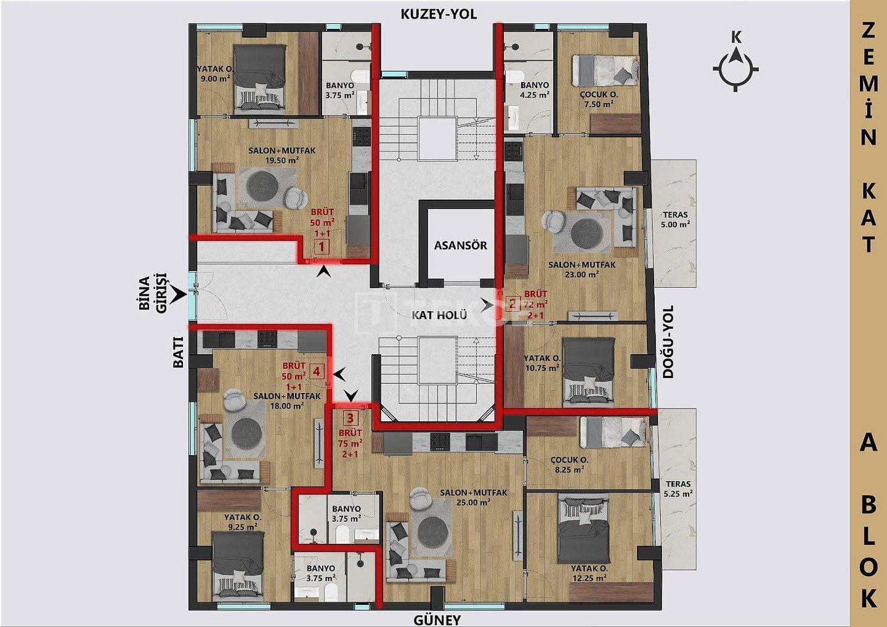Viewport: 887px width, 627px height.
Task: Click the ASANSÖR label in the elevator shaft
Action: point(461,245)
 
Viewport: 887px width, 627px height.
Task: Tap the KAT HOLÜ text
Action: point(439,315)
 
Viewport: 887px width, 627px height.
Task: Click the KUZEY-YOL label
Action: point(439,14)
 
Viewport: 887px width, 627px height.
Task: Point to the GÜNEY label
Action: point(437,620)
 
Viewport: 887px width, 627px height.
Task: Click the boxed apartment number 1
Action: point(322,248)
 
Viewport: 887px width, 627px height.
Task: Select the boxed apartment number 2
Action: point(512,304)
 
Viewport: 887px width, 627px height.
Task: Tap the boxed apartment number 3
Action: point(350,418)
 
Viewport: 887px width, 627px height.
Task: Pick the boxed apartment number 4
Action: point(317,371)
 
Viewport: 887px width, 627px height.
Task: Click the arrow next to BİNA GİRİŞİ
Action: point(179,295)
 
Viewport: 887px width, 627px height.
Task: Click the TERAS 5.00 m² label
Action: point(675,220)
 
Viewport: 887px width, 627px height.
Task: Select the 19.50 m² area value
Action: point(282,160)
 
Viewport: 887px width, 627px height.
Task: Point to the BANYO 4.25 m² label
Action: point(535,90)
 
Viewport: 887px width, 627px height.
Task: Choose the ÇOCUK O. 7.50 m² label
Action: point(599,99)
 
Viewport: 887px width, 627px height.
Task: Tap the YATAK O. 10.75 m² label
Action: point(541,363)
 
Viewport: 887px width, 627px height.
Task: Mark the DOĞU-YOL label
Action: point(668,342)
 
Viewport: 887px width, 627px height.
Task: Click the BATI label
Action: point(179,352)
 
